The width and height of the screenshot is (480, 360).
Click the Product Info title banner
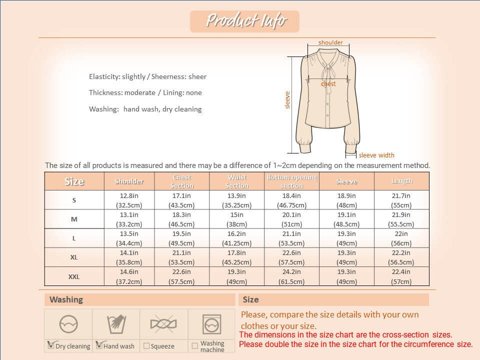coord(244,21)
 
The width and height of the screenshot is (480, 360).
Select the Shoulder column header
coord(129,181)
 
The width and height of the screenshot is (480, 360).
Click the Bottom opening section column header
coord(292,181)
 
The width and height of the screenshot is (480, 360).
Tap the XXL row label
coord(74,276)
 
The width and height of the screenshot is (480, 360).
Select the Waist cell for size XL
coord(237,257)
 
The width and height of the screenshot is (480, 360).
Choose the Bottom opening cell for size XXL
coord(292,276)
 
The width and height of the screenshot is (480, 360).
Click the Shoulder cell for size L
coord(129,238)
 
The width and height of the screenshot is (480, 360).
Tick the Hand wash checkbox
coord(98,344)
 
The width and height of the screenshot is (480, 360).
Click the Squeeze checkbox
coord(146,345)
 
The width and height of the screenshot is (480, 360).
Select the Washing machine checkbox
coord(194,345)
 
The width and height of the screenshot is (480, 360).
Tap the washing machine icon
coord(212,324)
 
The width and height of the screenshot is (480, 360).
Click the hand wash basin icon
coord(116,324)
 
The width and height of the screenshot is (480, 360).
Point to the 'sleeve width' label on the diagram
coord(376,155)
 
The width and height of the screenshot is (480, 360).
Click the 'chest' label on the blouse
coord(328,84)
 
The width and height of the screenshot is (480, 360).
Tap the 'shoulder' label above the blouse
coord(330,42)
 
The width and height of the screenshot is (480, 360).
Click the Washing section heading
coord(66,299)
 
